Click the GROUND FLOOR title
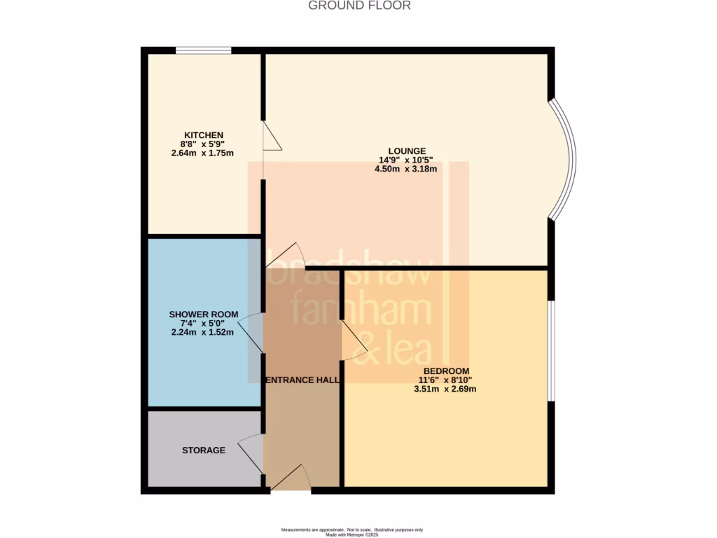pyautogui.click(x=359, y=6)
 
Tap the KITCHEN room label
pyautogui.click(x=203, y=135)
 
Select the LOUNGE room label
pyautogui.click(x=407, y=151)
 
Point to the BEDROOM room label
pyautogui.click(x=446, y=371)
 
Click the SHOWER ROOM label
pyautogui.click(x=203, y=314)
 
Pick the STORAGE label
pyautogui.click(x=204, y=450)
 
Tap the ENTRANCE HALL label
pyautogui.click(x=302, y=380)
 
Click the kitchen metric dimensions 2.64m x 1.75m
pyautogui.click(x=203, y=153)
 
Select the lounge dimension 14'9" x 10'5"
pyautogui.click(x=407, y=160)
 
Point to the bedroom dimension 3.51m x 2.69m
pyautogui.click(x=446, y=389)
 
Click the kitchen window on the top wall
pyautogui.click(x=203, y=50)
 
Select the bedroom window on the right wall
pyautogui.click(x=550, y=350)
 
